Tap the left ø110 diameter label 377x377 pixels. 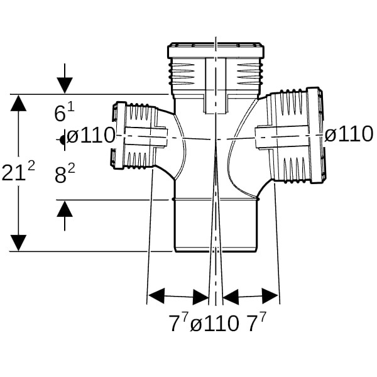[91, 135]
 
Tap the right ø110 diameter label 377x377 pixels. [349, 134]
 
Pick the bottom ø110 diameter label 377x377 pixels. [214, 324]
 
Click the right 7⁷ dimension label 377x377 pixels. [255, 323]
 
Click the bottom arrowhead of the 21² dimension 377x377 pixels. [19, 243]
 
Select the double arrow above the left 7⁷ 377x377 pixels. [178, 296]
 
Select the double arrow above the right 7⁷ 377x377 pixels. [251, 296]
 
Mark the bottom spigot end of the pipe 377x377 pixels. [215, 226]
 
